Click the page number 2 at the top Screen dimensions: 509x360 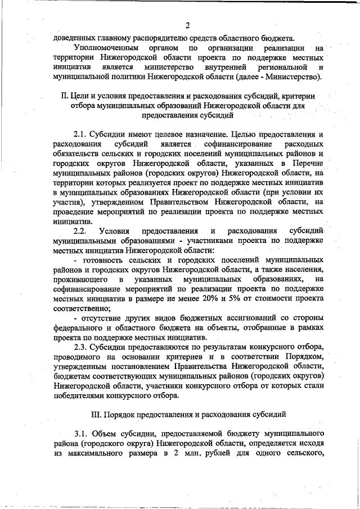(188, 25)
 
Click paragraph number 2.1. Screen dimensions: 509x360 (82, 134)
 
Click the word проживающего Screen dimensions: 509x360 (81, 279)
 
